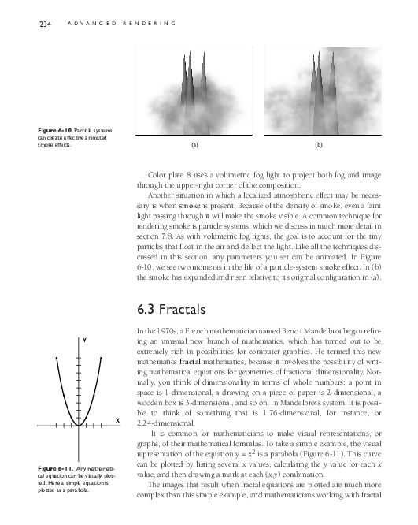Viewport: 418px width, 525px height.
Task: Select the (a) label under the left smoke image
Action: point(194,146)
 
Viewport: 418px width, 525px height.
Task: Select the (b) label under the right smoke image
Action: point(319,146)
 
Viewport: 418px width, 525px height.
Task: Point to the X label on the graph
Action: point(117,421)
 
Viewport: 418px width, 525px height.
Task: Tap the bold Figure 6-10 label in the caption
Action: point(46,129)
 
